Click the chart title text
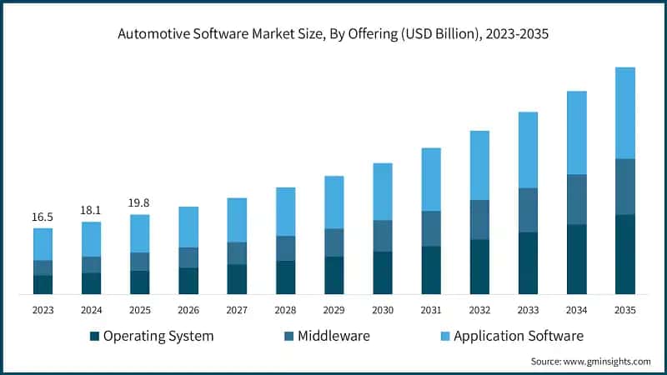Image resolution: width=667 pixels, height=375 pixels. click(x=333, y=34)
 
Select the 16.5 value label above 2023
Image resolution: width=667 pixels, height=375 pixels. click(x=43, y=217)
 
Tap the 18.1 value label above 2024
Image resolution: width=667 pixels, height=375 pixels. click(x=91, y=210)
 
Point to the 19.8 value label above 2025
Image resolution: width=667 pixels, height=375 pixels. click(x=139, y=202)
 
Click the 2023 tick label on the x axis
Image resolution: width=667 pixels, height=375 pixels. click(x=43, y=310)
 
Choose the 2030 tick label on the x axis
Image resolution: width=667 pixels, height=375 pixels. click(x=382, y=310)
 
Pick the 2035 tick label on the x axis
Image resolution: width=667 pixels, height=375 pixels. click(x=624, y=310)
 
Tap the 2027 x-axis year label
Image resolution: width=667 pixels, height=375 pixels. click(x=237, y=310)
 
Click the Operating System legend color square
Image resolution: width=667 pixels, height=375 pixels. click(x=95, y=337)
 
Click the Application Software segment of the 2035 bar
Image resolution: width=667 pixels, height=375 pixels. click(x=624, y=112)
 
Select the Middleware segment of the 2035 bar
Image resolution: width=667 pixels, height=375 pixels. click(x=624, y=187)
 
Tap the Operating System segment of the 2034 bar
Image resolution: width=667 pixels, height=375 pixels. click(x=576, y=259)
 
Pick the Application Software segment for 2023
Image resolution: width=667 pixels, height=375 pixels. click(x=43, y=244)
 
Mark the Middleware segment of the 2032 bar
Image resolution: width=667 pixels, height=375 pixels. click(x=479, y=220)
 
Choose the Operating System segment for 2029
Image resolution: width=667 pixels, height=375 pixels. click(x=333, y=275)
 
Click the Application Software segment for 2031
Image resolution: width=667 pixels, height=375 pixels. click(x=431, y=179)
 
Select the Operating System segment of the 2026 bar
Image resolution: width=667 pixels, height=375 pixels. click(x=188, y=281)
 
